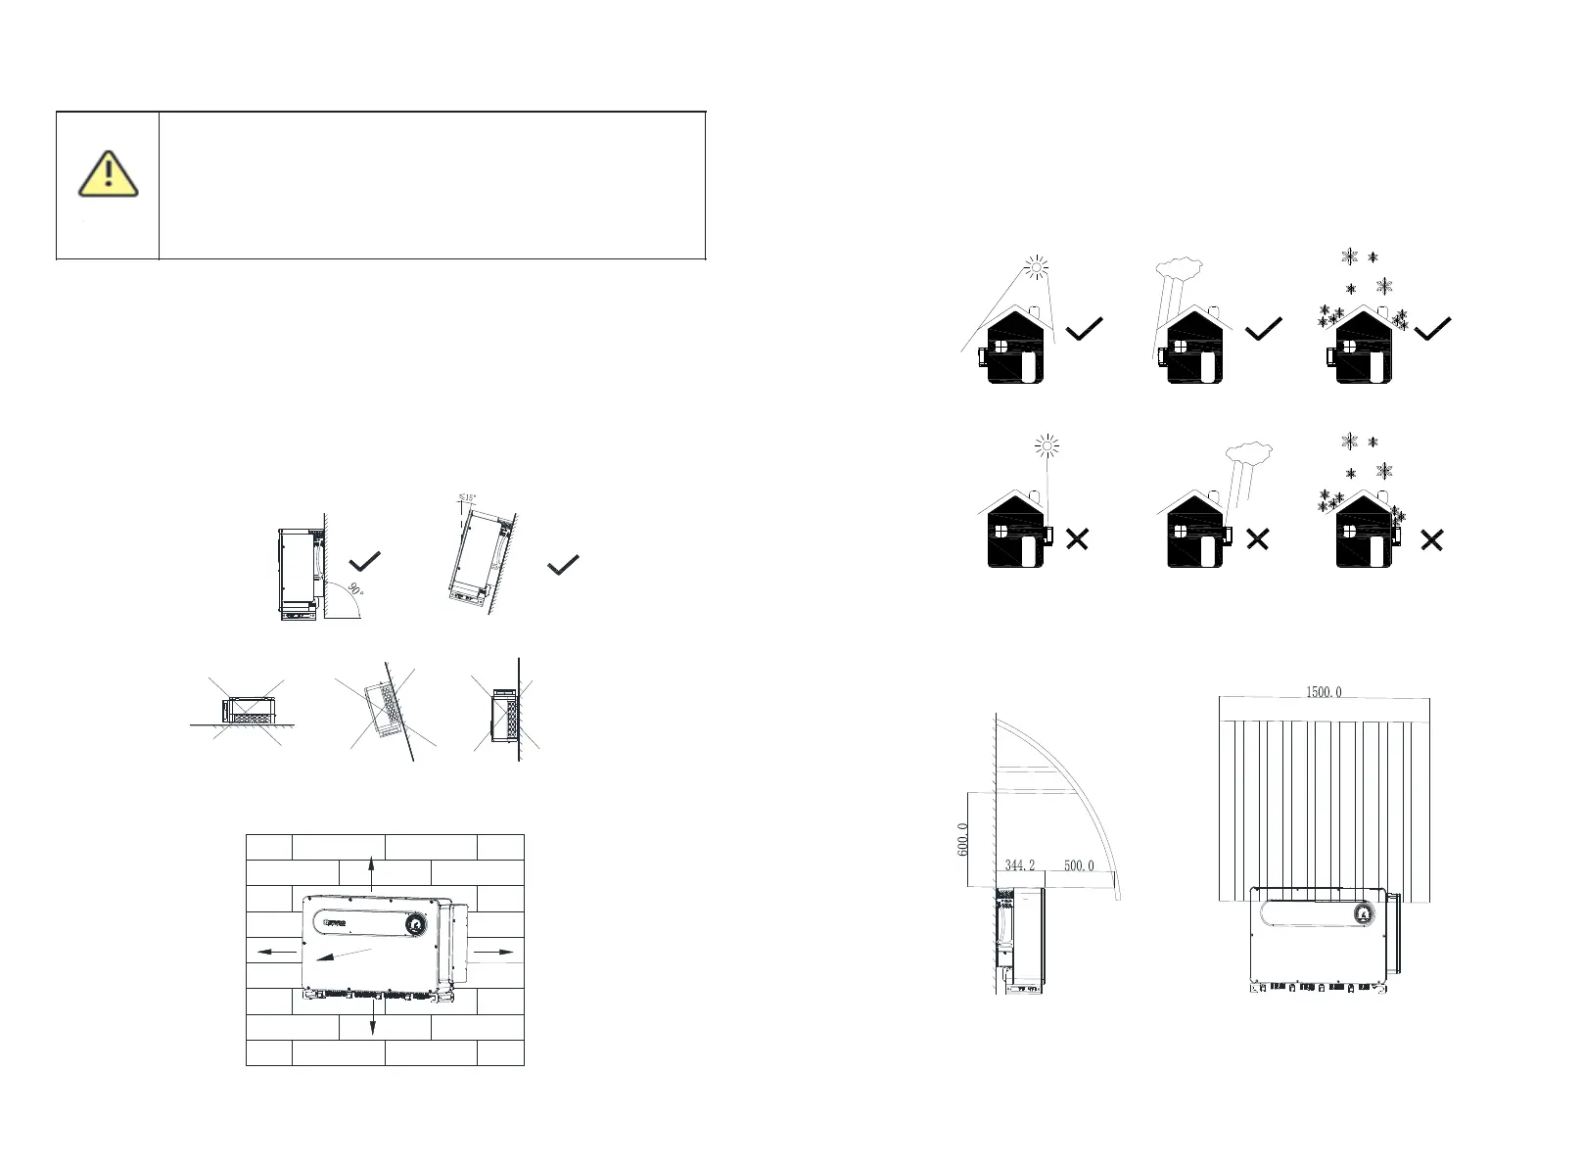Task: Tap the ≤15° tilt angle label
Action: [x=467, y=498]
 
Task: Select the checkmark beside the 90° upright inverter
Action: [x=364, y=561]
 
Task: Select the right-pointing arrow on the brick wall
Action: [x=494, y=950]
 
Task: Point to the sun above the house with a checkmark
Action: [x=1036, y=265]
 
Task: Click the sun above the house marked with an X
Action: [x=1047, y=448]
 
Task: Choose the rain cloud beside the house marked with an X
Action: [x=1249, y=451]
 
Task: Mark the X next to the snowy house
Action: [x=1431, y=539]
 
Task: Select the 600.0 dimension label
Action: [x=963, y=840]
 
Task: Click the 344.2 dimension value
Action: [x=1019, y=865]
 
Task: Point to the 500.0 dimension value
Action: [x=1078, y=865]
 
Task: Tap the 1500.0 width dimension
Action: [x=1324, y=692]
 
